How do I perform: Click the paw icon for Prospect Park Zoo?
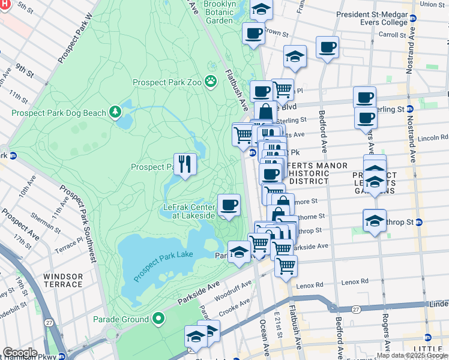tap(211, 80)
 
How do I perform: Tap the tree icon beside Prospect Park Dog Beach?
tap(114, 112)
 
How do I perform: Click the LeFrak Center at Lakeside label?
tap(189, 211)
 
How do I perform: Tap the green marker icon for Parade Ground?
tap(158, 319)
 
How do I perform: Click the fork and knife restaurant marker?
tap(185, 163)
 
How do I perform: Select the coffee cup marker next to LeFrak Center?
tap(228, 205)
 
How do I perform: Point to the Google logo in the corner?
tap(20, 353)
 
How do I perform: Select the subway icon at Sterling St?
tap(410, 109)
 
